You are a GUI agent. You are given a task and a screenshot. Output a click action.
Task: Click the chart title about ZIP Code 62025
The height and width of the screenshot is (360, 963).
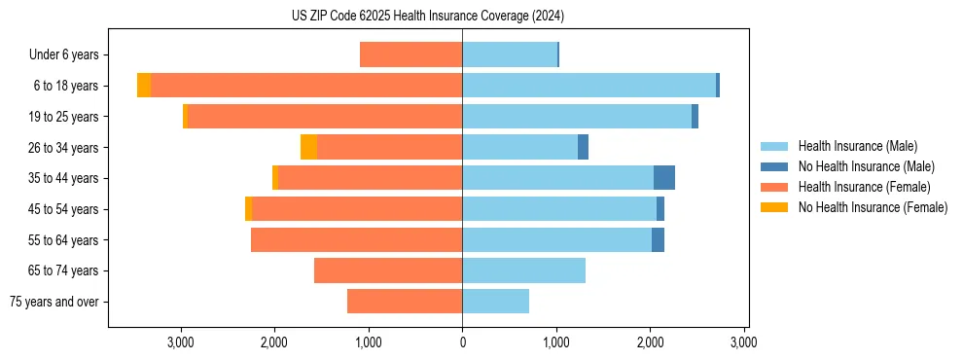point(427,17)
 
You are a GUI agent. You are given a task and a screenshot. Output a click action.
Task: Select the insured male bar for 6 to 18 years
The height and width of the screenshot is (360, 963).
point(588,86)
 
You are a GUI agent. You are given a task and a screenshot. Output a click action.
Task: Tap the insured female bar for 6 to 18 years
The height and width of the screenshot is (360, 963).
point(306,86)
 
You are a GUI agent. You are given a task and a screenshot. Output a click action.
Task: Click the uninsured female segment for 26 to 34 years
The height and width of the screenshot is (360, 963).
point(308,147)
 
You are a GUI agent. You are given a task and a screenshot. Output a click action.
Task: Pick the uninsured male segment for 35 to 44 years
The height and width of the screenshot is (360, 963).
point(663,178)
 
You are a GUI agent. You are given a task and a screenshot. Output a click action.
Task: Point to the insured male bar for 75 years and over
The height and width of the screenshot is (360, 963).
point(495,302)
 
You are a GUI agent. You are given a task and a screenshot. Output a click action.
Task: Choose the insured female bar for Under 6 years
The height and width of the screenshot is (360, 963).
point(410,54)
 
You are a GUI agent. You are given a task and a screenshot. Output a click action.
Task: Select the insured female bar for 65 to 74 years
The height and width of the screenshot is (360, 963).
point(388,270)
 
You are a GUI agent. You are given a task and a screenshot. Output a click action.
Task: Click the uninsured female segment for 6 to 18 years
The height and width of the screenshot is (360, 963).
point(144,86)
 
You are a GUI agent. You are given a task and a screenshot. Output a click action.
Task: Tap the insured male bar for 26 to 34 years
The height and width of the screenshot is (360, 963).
point(519,147)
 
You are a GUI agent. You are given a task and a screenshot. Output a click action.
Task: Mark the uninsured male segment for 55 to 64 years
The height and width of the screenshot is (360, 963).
point(658,239)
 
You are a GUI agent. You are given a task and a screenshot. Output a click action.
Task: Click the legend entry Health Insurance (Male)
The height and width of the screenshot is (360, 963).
point(857,146)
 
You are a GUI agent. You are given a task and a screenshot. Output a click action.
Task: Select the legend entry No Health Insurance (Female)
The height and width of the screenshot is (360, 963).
point(873,207)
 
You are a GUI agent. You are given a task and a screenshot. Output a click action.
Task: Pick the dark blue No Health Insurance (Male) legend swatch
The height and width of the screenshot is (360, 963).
point(774,166)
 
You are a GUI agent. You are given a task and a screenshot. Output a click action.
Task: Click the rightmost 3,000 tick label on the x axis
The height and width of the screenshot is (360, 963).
point(744,342)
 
